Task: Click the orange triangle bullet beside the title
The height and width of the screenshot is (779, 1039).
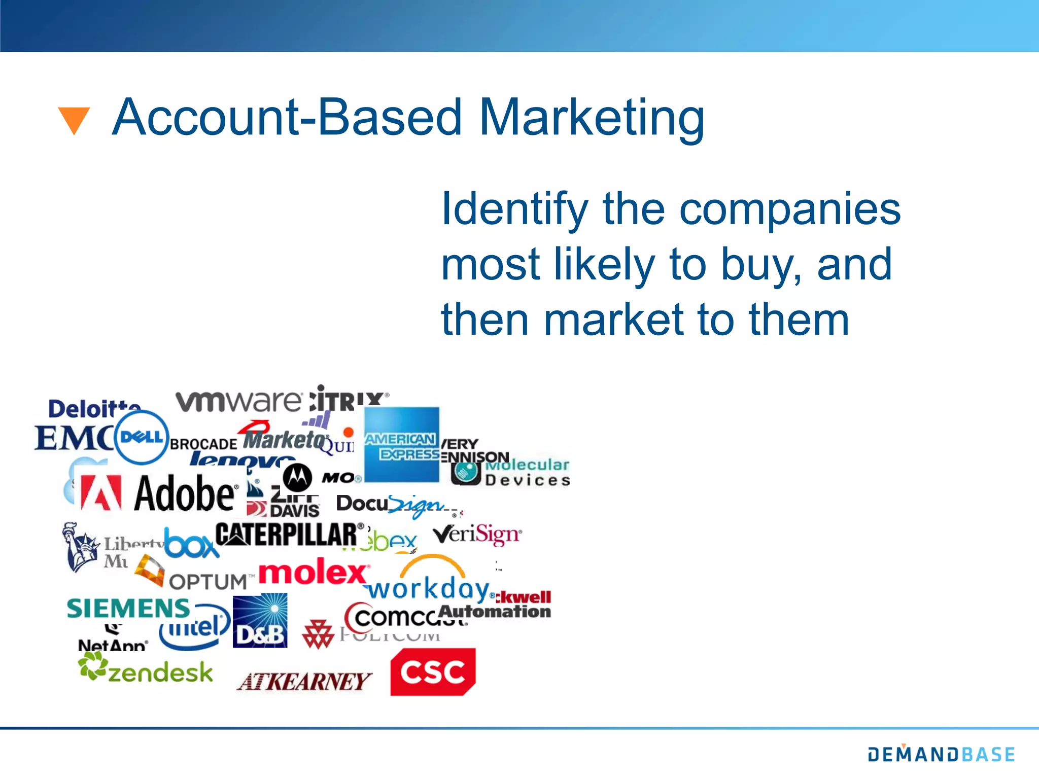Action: tap(74, 120)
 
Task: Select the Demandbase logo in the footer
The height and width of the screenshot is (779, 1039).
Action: tap(941, 754)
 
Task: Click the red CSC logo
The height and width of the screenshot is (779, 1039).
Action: tap(433, 671)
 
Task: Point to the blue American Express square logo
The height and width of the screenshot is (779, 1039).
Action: tap(402, 444)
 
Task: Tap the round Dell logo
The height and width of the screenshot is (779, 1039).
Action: tap(142, 437)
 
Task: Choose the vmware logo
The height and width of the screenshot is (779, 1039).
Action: tap(238, 401)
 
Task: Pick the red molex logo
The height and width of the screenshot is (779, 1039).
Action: tap(314, 573)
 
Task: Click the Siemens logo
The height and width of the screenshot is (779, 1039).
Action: tap(128, 608)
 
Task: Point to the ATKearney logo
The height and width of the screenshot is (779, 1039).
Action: tap(304, 682)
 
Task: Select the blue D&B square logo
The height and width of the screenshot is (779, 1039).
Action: tap(260, 620)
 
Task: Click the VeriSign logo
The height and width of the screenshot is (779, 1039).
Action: tap(477, 535)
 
